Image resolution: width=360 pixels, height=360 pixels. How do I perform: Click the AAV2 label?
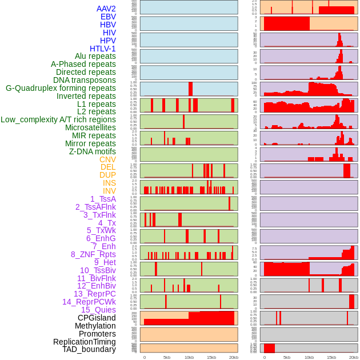[x=106, y=9]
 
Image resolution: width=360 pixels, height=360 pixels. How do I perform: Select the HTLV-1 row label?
[x=102, y=49]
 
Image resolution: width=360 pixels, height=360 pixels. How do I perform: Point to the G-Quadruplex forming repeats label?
[x=61, y=88]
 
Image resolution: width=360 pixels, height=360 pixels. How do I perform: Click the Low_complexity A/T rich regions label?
[x=58, y=119]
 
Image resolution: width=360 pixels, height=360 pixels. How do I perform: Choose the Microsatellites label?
[x=90, y=127]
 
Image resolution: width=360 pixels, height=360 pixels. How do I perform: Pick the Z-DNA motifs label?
[x=92, y=151]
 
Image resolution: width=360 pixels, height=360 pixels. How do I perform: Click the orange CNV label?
[x=107, y=159]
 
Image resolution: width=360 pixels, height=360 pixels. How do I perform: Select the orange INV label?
[x=109, y=191]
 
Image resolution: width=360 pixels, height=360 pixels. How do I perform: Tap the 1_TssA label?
[x=103, y=199]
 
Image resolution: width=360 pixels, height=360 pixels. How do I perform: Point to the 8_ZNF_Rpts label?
[x=93, y=254]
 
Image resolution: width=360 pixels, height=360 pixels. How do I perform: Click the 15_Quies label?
[x=98, y=310]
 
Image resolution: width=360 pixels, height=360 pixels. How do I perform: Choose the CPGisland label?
[x=97, y=318]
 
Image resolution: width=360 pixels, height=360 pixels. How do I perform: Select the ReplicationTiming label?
[x=84, y=342]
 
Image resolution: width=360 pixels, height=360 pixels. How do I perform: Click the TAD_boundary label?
[x=89, y=349]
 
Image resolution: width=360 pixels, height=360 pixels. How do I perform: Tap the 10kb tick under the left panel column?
[x=189, y=357]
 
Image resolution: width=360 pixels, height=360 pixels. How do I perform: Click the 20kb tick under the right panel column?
[x=354, y=357]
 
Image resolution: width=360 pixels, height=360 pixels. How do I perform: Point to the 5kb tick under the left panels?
[x=167, y=357]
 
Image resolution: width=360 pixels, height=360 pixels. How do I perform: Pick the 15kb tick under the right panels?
[x=331, y=357]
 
